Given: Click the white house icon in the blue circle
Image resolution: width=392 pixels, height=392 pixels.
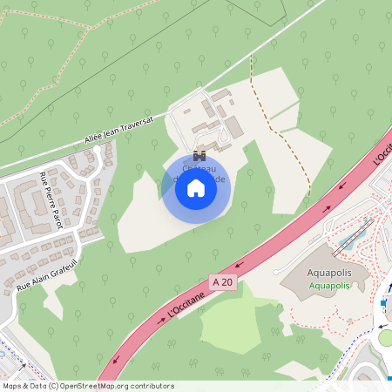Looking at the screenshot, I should pos(196,188).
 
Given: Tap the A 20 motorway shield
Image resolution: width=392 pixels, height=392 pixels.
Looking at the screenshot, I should pos(222,281).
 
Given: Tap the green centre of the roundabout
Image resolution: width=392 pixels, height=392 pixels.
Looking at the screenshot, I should pos(387,335).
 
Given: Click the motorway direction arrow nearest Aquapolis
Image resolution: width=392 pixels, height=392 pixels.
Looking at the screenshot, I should pos(328,209).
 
